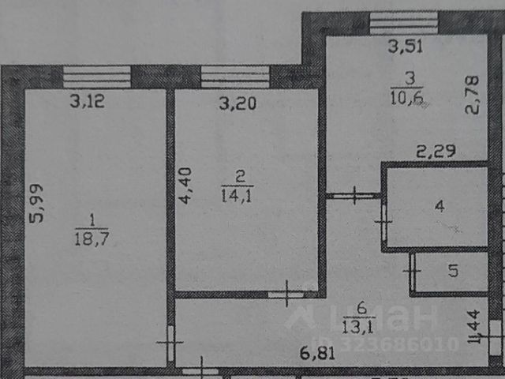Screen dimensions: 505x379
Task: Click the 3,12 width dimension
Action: [x=87, y=100]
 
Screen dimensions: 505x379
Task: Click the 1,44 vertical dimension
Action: [x=475, y=327]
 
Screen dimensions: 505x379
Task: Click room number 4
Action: [x=440, y=207]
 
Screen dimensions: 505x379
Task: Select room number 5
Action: [x=453, y=272]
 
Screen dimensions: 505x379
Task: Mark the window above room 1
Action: [x=97, y=77]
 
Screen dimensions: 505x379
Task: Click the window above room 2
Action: [x=235, y=77]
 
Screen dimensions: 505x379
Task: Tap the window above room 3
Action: [x=403, y=22]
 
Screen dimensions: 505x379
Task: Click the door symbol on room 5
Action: [x=413, y=272]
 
